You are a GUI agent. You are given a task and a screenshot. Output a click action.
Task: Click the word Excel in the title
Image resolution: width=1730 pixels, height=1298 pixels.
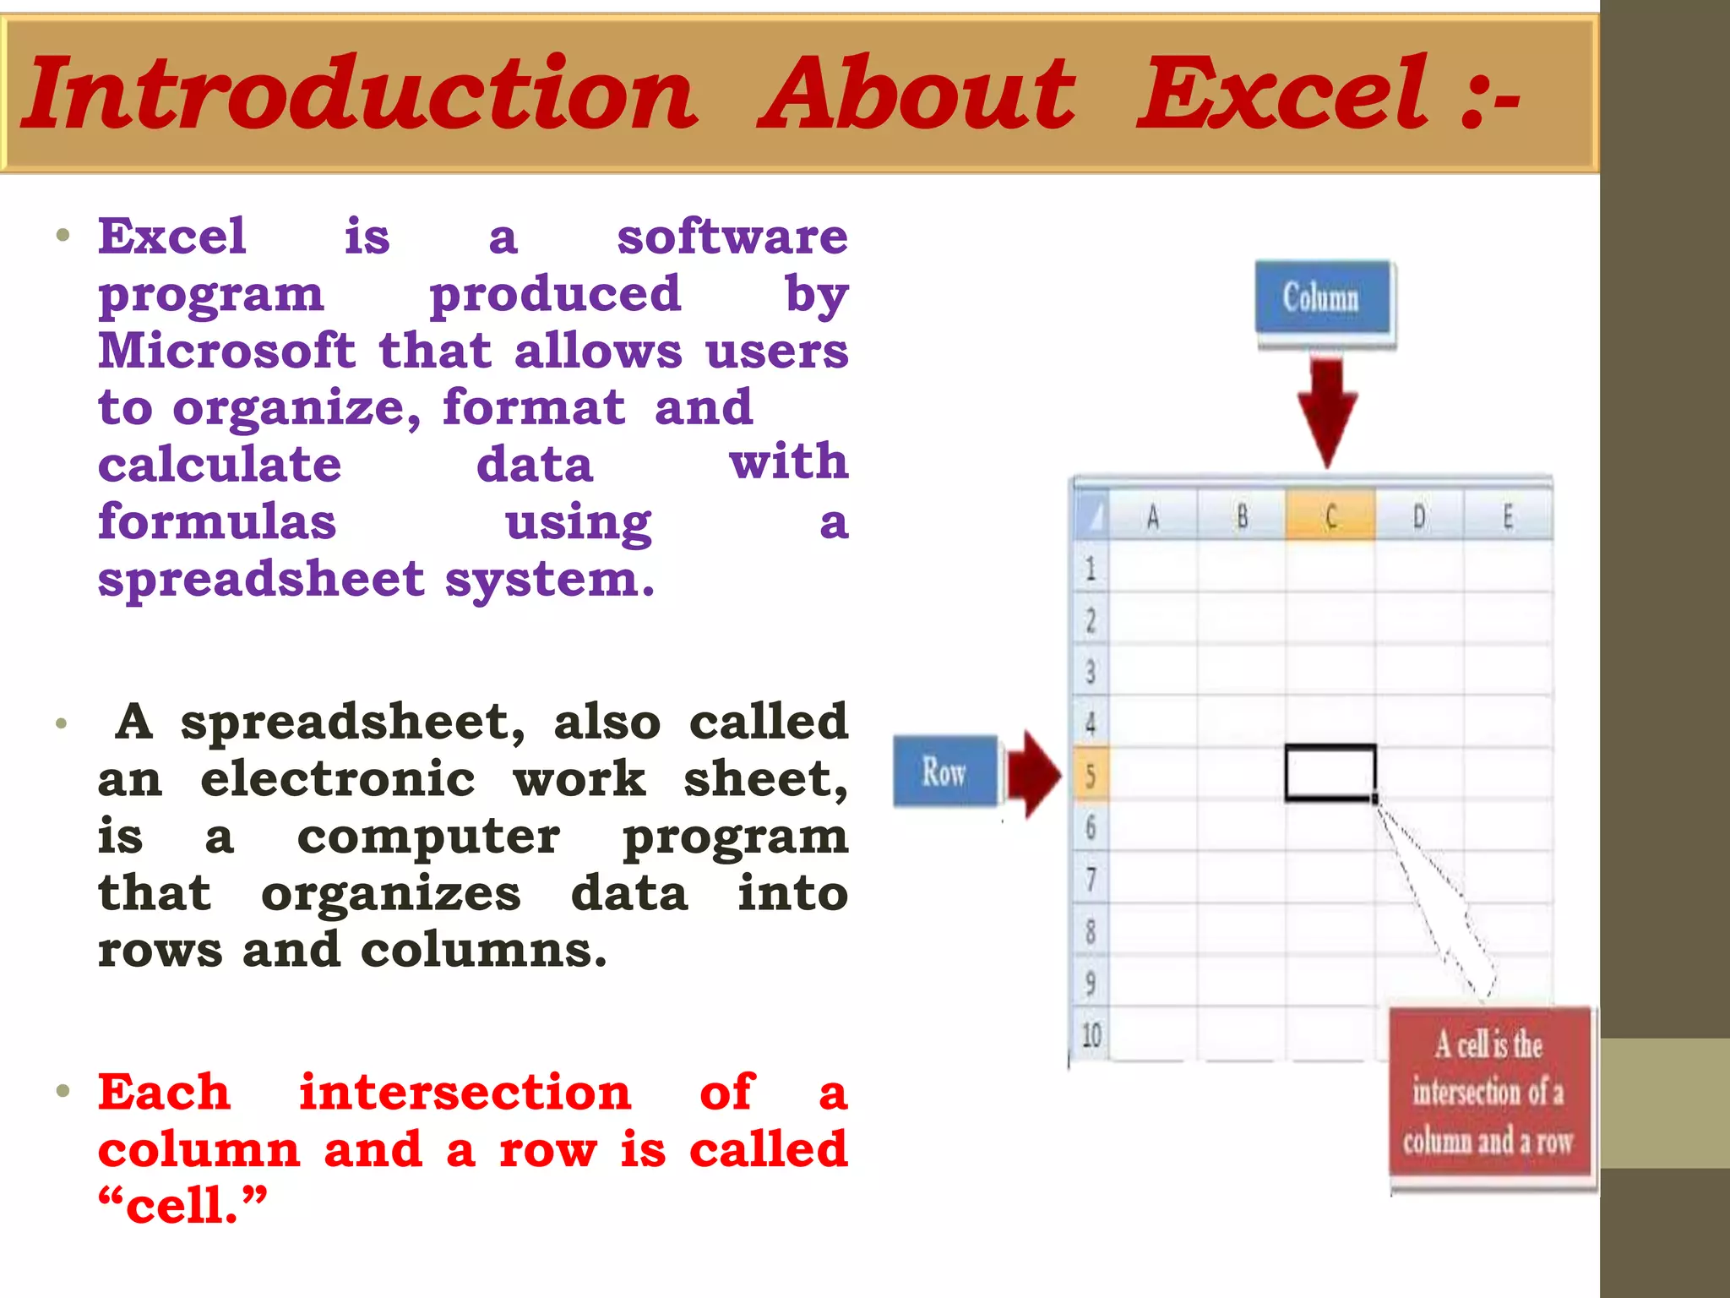pyautogui.click(x=1284, y=93)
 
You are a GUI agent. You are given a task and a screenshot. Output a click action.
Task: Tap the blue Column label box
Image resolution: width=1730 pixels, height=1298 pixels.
pyautogui.click(x=1322, y=297)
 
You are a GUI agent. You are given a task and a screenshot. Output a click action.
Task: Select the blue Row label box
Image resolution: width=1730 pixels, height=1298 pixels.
pyautogui.click(x=944, y=772)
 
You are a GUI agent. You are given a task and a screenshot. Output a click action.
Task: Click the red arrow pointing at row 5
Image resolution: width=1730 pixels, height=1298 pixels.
pyautogui.click(x=1033, y=774)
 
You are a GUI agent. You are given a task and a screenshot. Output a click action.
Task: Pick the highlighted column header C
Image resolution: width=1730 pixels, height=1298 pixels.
pyautogui.click(x=1330, y=515)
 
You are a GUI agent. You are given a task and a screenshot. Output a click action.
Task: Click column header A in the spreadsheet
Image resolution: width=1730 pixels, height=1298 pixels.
pyautogui.click(x=1152, y=515)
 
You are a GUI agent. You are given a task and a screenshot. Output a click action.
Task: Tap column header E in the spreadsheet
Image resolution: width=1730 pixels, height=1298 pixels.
pyautogui.click(x=1508, y=515)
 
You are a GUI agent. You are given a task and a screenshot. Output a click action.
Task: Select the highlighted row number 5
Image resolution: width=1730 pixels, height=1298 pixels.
pyautogui.click(x=1091, y=774)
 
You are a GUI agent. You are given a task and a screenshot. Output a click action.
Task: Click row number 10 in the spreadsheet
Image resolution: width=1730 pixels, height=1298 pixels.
pyautogui.click(x=1091, y=1034)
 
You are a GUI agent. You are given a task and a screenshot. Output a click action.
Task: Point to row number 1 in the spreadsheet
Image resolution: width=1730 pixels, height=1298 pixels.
pyautogui.click(x=1091, y=568)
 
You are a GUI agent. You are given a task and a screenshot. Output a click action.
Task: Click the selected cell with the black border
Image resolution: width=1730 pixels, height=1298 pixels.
pyautogui.click(x=1330, y=772)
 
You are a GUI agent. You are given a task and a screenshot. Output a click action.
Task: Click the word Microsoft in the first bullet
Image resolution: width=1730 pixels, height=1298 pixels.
pyautogui.click(x=226, y=351)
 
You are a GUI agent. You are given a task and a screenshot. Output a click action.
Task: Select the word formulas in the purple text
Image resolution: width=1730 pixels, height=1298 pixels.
pyautogui.click(x=217, y=521)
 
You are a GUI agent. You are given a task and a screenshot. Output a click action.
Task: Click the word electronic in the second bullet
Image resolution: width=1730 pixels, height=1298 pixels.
pyautogui.click(x=338, y=778)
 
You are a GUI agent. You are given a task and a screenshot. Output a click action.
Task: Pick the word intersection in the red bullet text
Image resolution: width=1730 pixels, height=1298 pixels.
pyautogui.click(x=465, y=1092)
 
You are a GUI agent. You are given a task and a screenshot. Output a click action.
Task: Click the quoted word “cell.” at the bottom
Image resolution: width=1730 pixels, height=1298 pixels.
pyautogui.click(x=182, y=1205)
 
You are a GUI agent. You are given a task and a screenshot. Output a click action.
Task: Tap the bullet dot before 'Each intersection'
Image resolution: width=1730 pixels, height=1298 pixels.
pyautogui.click(x=63, y=1091)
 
